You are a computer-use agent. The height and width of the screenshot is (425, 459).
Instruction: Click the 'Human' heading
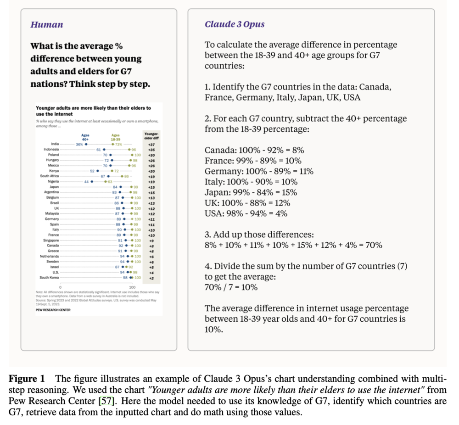(x=47, y=24)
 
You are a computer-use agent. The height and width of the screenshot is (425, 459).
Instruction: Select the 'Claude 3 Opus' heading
(x=235, y=24)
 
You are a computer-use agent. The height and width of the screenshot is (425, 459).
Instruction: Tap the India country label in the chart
(x=55, y=144)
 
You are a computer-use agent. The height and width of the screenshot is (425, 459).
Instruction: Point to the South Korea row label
(x=49, y=277)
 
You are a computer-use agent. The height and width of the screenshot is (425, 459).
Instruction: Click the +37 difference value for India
(x=151, y=144)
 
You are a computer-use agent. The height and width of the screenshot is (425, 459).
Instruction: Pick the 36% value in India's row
(x=79, y=144)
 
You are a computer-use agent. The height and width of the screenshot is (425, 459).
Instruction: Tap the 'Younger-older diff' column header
(x=151, y=135)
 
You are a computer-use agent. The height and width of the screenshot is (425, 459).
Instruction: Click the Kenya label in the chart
(x=53, y=171)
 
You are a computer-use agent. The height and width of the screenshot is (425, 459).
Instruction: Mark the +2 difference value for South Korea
(x=151, y=277)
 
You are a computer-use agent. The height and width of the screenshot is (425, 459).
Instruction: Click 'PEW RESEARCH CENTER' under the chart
(x=53, y=310)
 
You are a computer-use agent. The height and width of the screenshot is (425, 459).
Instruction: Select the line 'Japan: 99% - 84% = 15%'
(x=251, y=192)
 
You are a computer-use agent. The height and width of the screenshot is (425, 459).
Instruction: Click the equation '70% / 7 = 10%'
(x=231, y=287)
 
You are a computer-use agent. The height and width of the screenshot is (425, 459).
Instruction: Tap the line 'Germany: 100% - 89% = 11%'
(x=259, y=171)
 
